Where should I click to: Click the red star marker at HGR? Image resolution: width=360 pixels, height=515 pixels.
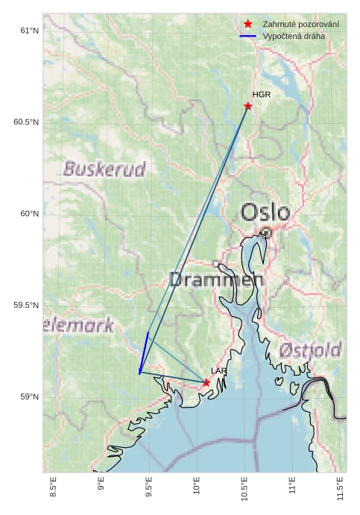(248, 106)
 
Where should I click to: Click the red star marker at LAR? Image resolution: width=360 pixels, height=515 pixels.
(206, 382)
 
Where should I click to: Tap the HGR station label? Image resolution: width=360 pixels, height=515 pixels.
(262, 95)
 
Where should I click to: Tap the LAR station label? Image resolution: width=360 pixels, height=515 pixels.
(218, 370)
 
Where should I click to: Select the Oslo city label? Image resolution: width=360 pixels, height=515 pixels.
(265, 212)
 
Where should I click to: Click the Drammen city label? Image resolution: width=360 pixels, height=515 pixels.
(216, 280)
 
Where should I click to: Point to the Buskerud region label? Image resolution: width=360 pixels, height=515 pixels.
(104, 169)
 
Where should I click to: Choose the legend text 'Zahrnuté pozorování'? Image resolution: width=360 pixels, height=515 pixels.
(300, 25)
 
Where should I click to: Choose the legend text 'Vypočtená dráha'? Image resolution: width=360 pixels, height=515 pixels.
(294, 36)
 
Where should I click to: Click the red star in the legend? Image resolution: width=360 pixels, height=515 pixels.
(248, 25)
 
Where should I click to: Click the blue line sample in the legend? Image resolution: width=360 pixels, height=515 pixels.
(248, 36)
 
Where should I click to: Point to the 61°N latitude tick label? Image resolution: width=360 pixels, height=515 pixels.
(29, 31)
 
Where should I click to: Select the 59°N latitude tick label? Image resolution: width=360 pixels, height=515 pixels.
(29, 397)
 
